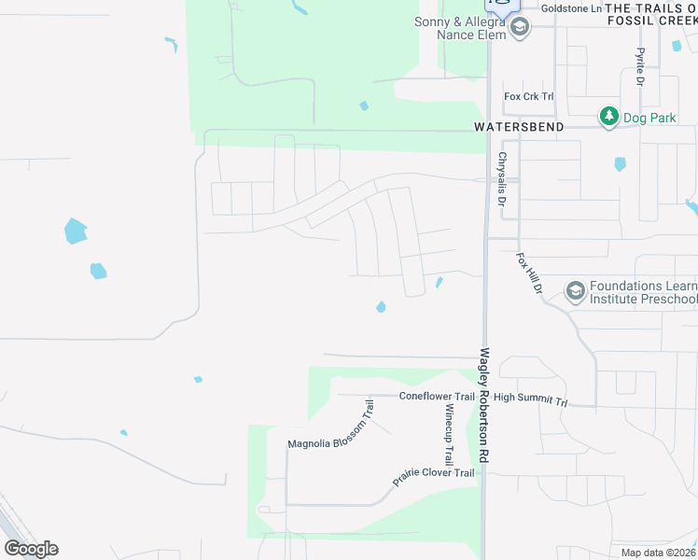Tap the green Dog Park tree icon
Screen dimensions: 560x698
(609, 116)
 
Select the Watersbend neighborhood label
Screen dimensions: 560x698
(518, 126)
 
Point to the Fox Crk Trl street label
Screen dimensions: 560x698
(528, 96)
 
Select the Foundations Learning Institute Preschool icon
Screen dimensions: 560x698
(575, 292)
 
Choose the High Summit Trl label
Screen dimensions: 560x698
(531, 399)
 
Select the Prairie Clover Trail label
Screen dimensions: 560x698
(433, 478)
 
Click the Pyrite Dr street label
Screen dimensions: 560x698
(641, 67)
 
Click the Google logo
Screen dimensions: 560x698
(31, 548)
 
